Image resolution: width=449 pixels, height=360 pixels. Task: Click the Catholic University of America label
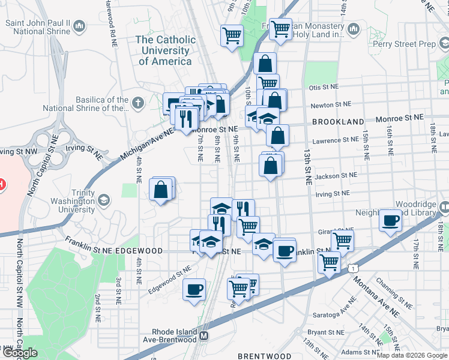coord(165,50)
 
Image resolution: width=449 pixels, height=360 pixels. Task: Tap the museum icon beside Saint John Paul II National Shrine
coord(80,26)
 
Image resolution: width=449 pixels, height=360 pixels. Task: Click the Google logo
coord(19,353)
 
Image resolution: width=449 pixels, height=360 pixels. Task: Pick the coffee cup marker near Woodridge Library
coord(390,221)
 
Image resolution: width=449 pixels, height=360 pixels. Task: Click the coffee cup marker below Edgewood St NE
coord(194,289)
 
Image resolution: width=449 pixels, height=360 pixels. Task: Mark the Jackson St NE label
coord(336,176)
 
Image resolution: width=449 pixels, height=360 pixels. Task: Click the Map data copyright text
coord(412,355)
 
